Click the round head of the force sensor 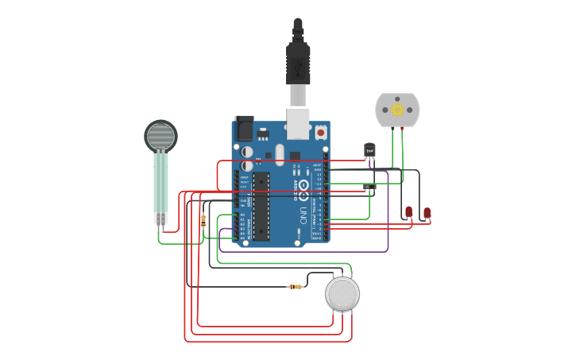[160, 136]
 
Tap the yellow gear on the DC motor [397, 110]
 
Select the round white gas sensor [342, 294]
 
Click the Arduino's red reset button [320, 131]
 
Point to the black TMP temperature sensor [369, 149]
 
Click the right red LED [427, 212]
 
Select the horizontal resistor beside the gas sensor [296, 286]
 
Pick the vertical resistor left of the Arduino [203, 220]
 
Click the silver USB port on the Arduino [298, 122]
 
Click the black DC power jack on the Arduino [244, 128]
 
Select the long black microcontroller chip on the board [261, 205]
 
